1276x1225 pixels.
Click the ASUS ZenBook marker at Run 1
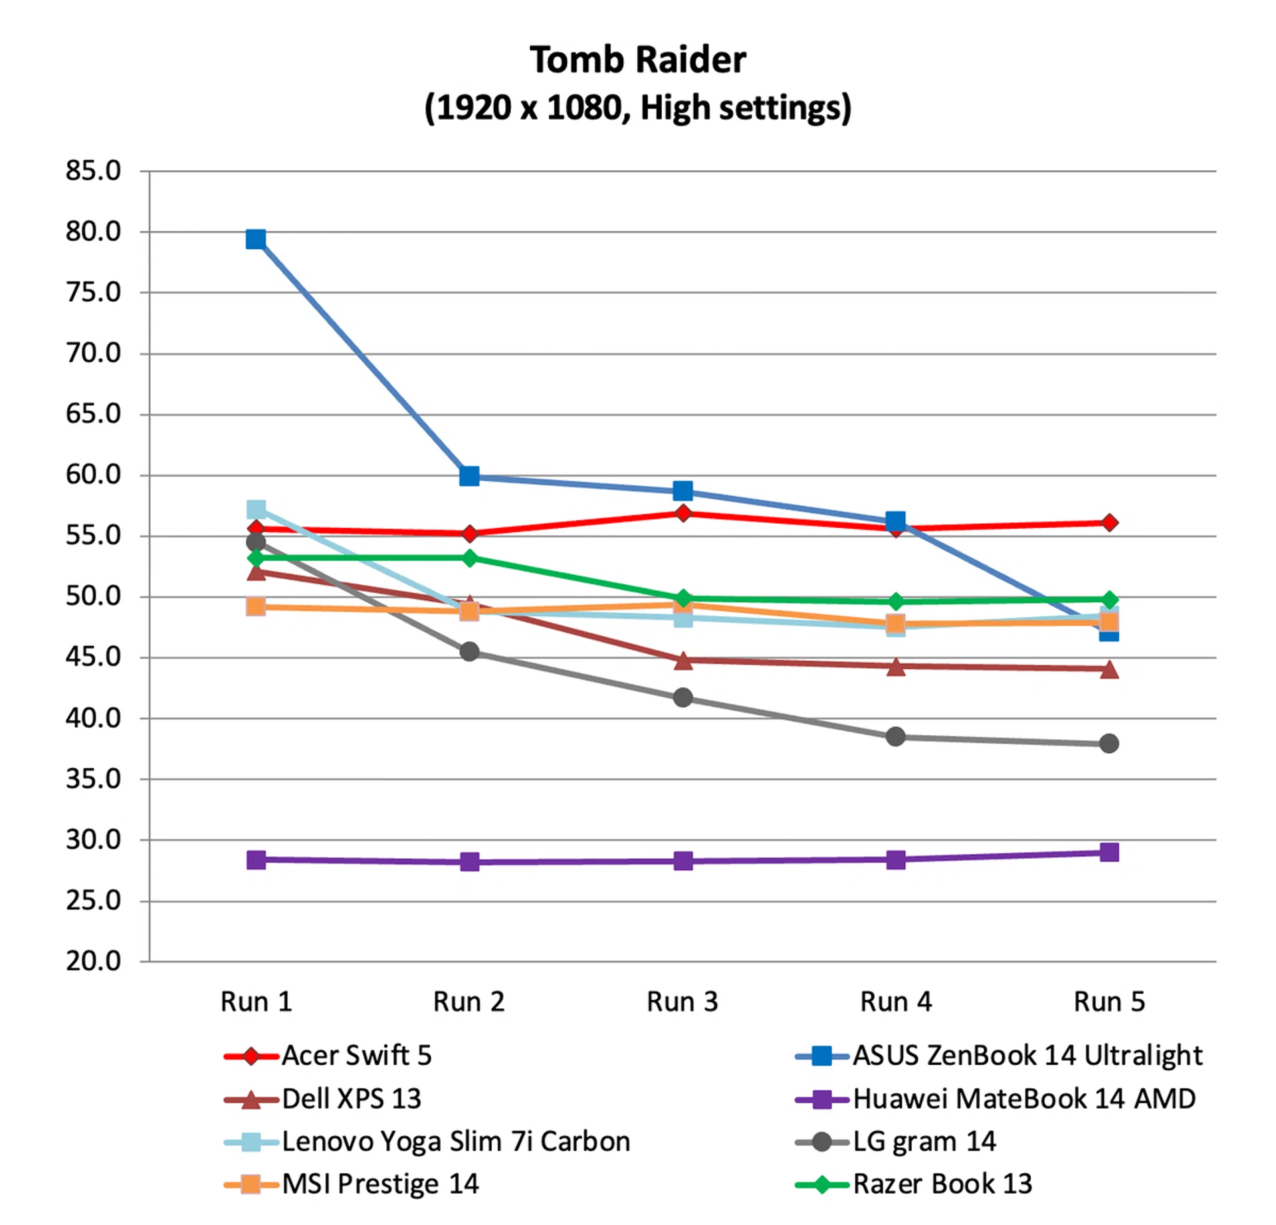point(256,239)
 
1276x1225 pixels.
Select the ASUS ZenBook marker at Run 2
point(469,476)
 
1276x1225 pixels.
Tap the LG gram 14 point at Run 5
point(1109,743)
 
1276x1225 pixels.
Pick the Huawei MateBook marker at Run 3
point(683,861)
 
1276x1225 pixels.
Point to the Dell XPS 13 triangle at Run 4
point(896,666)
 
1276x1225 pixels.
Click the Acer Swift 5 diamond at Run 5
point(1109,522)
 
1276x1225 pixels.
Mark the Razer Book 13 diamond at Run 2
point(469,558)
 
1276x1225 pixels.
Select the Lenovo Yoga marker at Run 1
point(256,510)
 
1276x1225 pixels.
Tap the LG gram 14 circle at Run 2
point(469,651)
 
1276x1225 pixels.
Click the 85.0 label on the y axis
point(93,171)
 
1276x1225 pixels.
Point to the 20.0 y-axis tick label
point(93,961)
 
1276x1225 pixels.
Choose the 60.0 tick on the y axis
point(93,475)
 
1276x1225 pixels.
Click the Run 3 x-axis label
point(683,1002)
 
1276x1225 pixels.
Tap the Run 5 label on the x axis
point(1109,1002)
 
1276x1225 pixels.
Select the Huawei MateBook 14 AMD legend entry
point(1023,1099)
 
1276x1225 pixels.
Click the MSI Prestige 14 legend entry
point(380,1184)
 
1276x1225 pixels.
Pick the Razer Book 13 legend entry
point(942,1184)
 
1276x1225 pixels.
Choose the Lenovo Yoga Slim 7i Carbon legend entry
point(456,1141)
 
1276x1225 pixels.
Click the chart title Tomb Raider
point(637,60)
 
